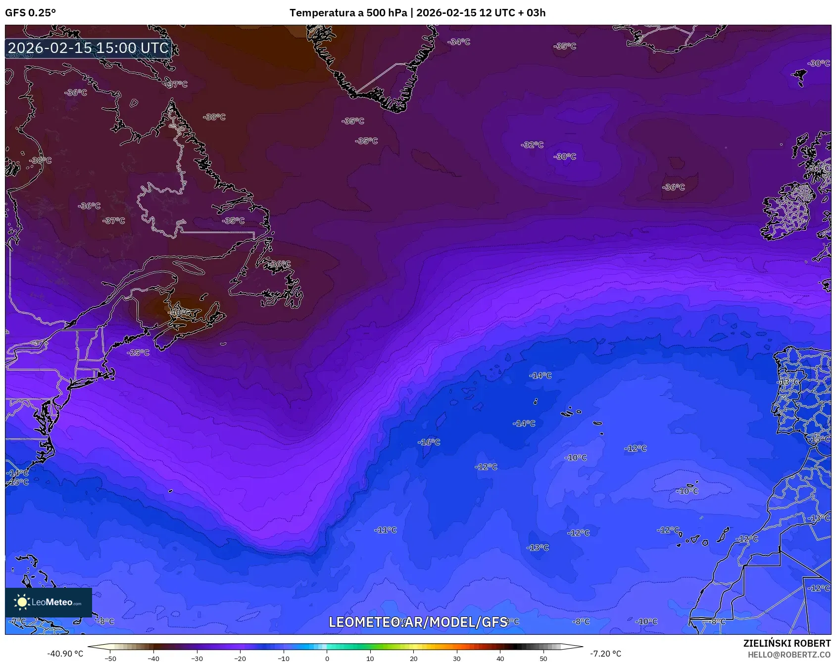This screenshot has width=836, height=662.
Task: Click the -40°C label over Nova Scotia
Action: point(180,313)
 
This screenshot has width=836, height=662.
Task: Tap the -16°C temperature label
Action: point(429,442)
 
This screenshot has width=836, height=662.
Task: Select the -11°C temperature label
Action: point(385,530)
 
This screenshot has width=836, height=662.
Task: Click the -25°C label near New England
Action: point(138,353)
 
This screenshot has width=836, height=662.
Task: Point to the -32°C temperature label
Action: point(532,145)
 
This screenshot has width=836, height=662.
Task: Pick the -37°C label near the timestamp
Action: point(176,85)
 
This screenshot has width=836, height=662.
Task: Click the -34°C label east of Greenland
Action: point(459,42)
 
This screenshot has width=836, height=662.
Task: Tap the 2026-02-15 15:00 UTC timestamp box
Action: point(88,48)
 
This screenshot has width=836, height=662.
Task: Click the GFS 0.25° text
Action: point(31,13)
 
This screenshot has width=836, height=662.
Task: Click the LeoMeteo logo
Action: point(49,602)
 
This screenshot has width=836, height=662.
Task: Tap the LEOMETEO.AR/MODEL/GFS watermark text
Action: point(418,622)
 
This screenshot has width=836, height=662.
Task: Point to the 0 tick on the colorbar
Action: point(327,659)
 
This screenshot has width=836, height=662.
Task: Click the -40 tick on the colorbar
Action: point(153,659)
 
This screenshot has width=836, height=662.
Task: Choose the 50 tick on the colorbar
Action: point(543,659)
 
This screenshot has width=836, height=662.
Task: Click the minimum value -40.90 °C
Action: point(65,654)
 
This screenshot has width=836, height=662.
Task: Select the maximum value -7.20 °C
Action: point(605,654)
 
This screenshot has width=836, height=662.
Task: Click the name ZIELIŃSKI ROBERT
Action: point(787,643)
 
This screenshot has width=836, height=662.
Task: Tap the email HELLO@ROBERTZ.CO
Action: point(789,655)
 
